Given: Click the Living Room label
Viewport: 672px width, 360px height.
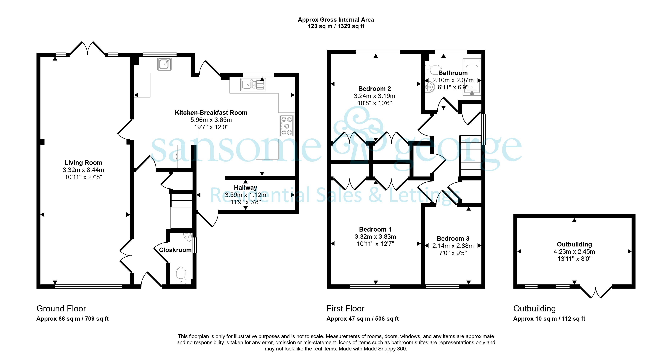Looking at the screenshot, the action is pyautogui.click(x=83, y=163).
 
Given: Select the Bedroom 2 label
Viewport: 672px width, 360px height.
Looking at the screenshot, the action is pyautogui.click(x=375, y=89).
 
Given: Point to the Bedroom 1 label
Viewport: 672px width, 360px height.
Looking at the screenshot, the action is pyautogui.click(x=375, y=229).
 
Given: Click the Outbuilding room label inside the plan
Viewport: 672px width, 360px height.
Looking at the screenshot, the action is pyautogui.click(x=574, y=244).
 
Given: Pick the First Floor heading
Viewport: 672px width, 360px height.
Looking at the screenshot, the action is pyautogui.click(x=345, y=309).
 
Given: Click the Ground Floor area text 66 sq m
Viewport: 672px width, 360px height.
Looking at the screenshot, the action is pyautogui.click(x=72, y=319).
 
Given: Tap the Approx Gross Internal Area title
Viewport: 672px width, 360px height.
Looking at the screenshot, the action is pyautogui.click(x=336, y=20).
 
